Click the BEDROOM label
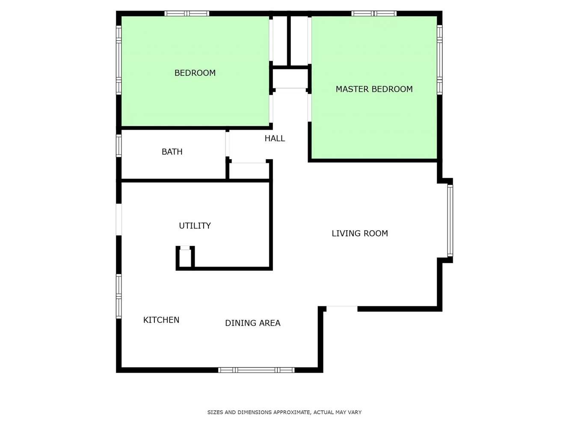coord(195,73)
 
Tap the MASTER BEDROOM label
coord(374,89)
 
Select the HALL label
coord(275,139)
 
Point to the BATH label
coord(172,151)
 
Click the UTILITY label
coord(195,226)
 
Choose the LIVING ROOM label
coord(360,233)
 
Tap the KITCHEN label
coord(161,320)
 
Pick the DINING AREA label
coord(253,323)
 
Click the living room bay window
coord(450,220)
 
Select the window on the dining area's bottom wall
coord(256,370)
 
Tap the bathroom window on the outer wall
coord(119,146)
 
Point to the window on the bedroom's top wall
coord(187,14)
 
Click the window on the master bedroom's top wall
coord(374,14)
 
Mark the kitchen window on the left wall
coord(119,297)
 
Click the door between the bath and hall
coord(228,144)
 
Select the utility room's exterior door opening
coord(119,219)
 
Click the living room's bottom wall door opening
coord(342,308)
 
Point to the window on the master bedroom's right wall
coord(440,59)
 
